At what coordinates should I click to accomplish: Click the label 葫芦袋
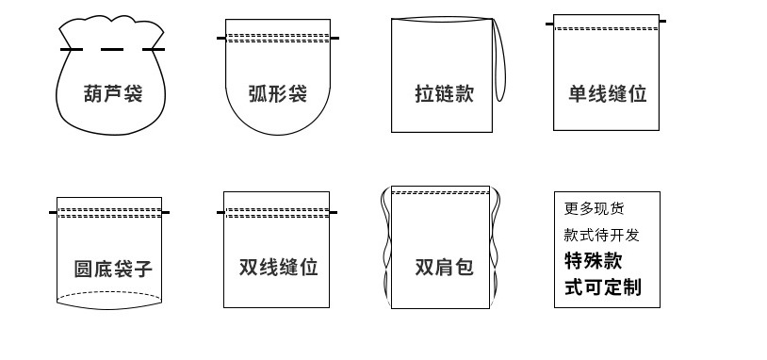click(x=113, y=93)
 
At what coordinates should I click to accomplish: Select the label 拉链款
click(x=444, y=93)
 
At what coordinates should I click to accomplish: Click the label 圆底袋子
click(x=113, y=269)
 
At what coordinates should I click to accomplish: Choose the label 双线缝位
click(x=278, y=267)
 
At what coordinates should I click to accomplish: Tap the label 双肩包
click(x=444, y=267)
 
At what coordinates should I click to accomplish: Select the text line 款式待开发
click(x=601, y=235)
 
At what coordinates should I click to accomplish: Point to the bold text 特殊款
click(x=593, y=260)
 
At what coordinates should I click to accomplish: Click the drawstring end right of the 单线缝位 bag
click(x=662, y=21)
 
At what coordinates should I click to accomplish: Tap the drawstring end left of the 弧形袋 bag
click(x=220, y=38)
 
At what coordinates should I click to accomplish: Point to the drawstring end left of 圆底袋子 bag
click(x=53, y=212)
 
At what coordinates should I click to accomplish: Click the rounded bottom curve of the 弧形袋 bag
click(x=278, y=132)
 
